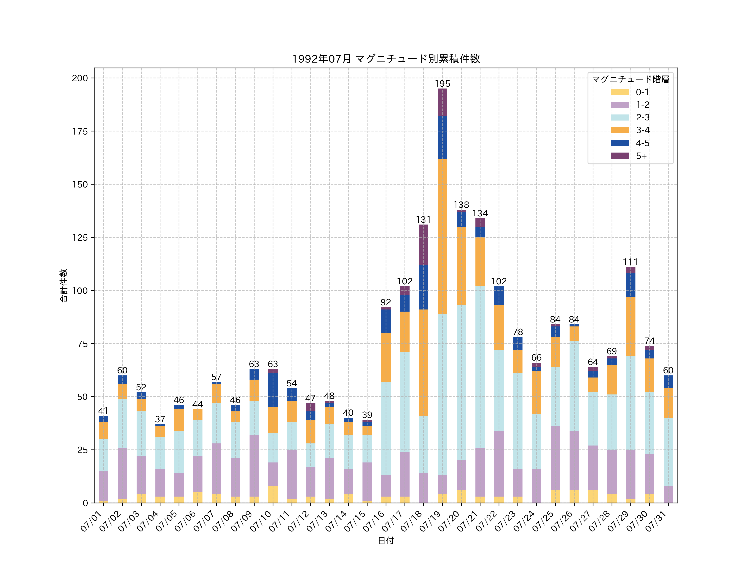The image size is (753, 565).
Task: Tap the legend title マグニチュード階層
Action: [630, 79]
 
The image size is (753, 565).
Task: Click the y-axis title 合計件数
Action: [64, 285]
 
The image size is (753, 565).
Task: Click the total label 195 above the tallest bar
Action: [442, 83]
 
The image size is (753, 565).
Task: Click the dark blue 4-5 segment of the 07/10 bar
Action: [273, 390]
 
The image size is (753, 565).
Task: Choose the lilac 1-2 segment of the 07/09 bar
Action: [254, 466]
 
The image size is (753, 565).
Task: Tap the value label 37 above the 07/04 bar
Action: [160, 419]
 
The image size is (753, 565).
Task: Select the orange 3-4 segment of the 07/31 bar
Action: [668, 403]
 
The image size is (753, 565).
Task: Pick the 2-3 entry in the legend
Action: [630, 117]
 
